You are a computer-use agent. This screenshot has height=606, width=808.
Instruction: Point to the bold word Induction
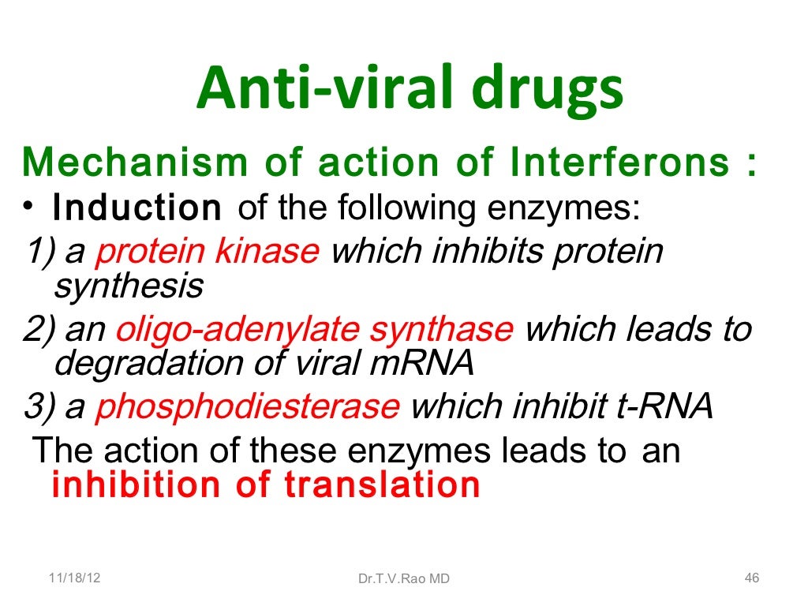137,208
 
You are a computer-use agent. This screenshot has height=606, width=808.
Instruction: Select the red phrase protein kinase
207,252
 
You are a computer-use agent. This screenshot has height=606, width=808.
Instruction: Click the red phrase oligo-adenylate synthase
314,330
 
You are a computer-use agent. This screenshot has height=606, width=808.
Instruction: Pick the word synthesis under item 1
128,285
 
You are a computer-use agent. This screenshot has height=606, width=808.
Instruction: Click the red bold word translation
382,484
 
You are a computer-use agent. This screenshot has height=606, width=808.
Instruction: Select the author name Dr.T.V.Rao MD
403,579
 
